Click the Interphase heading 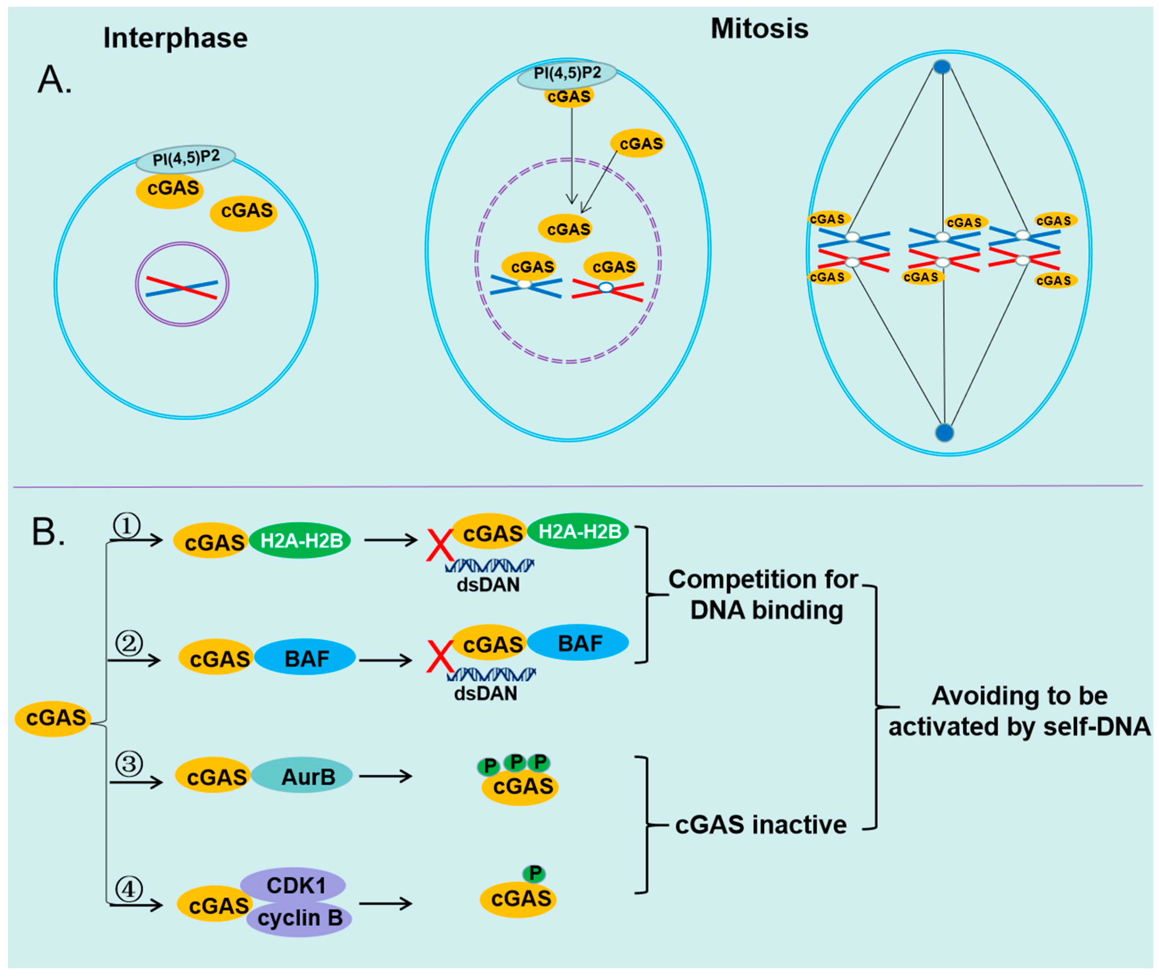pyautogui.click(x=175, y=38)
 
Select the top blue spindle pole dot pyautogui.click(x=942, y=67)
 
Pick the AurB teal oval pyautogui.click(x=302, y=776)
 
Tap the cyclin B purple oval pyautogui.click(x=299, y=918)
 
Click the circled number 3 pyautogui.click(x=129, y=764)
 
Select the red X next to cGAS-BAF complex pyautogui.click(x=440, y=656)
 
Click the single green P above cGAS pyautogui.click(x=534, y=874)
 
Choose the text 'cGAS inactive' pyautogui.click(x=760, y=825)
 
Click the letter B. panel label pyautogui.click(x=48, y=532)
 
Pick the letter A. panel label pyautogui.click(x=54, y=80)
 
